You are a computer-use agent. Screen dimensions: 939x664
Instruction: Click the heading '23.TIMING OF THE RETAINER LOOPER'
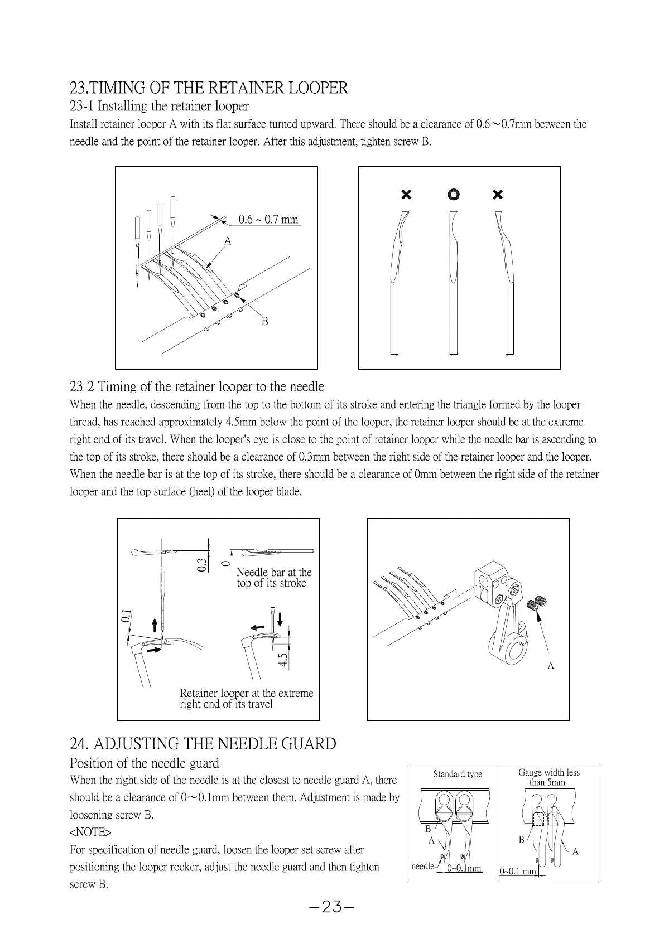point(209,88)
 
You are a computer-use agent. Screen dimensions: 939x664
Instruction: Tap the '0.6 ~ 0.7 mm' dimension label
point(268,220)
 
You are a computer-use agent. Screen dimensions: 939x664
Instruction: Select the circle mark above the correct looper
point(454,194)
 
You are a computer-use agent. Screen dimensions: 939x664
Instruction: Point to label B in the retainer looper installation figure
point(264,321)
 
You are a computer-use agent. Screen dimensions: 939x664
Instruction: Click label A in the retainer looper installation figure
point(227,241)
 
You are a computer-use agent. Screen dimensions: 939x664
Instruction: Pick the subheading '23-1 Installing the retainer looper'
point(159,106)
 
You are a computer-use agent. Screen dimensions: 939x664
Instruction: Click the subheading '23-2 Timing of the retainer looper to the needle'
point(196,386)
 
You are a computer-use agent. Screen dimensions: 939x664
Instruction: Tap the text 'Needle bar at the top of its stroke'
point(273,578)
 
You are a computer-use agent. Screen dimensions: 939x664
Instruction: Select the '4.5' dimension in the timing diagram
point(283,660)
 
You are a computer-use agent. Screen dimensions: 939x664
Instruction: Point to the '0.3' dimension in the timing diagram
point(201,564)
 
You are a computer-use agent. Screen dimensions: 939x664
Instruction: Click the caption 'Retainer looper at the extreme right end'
point(246,698)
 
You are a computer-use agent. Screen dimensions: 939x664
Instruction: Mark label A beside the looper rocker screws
point(551,666)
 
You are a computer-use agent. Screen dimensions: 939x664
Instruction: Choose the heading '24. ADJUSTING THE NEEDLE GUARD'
point(203,744)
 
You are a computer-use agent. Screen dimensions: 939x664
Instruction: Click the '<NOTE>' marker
point(90,832)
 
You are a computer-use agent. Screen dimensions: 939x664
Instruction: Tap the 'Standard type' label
point(458,774)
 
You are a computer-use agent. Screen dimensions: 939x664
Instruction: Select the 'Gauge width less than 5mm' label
point(548,777)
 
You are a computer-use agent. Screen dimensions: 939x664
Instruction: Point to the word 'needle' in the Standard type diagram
point(422,866)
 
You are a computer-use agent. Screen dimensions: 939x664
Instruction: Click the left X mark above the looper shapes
point(406,194)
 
